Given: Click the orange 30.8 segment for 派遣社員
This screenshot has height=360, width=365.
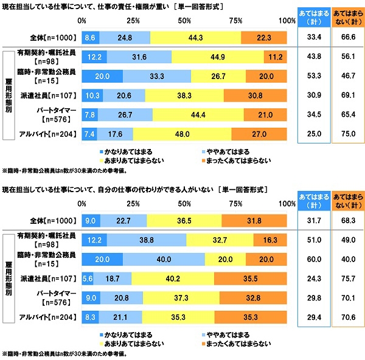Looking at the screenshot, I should coord(255,95).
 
